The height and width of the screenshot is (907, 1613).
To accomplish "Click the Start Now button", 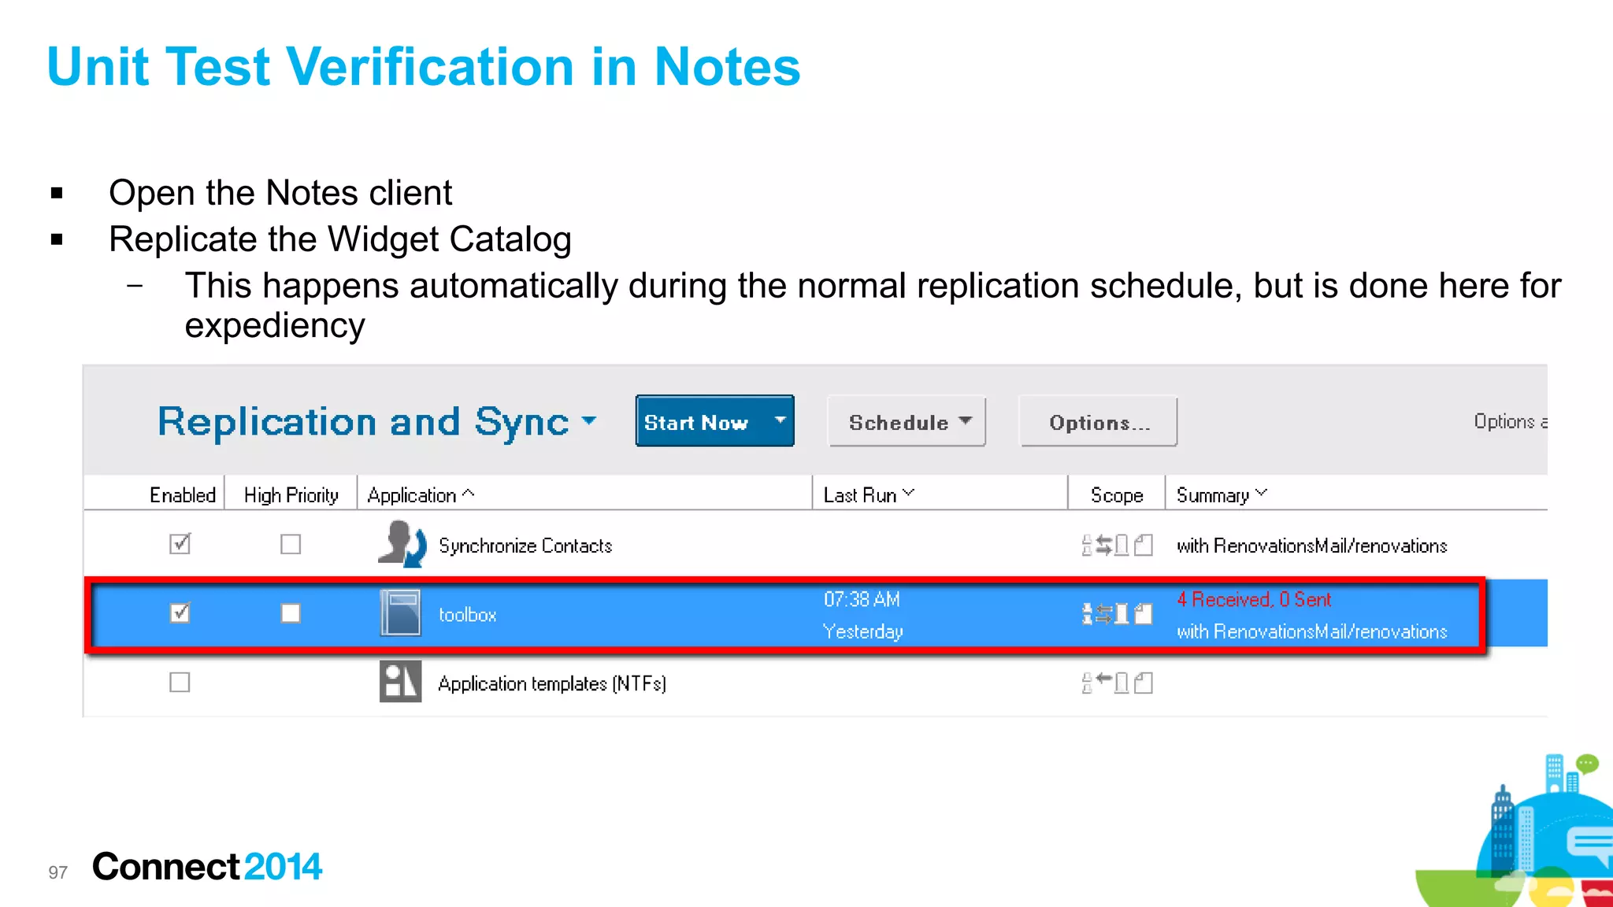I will tap(697, 422).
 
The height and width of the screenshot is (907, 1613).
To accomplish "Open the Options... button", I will tap(1099, 423).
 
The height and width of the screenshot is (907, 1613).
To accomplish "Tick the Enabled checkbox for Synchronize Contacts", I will tap(180, 544).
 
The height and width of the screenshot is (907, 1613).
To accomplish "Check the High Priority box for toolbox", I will tap(291, 613).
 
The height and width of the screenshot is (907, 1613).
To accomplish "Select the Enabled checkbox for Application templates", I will tap(180, 683).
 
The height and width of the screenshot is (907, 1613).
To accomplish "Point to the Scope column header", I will tap(1116, 495).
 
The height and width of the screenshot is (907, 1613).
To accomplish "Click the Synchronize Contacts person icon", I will tap(402, 544).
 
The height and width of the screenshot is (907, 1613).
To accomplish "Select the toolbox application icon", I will tap(400, 613).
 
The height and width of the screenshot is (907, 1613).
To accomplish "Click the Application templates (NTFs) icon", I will tap(400, 682).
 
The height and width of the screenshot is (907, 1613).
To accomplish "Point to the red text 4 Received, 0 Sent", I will tap(1254, 600).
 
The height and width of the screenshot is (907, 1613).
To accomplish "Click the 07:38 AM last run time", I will tap(862, 600).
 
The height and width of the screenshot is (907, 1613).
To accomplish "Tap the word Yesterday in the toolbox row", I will tap(862, 631).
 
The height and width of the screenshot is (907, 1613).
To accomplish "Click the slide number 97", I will tap(57, 872).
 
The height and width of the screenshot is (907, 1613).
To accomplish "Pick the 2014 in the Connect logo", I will tap(283, 867).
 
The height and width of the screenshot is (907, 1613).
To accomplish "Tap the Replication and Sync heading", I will tap(363, 422).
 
